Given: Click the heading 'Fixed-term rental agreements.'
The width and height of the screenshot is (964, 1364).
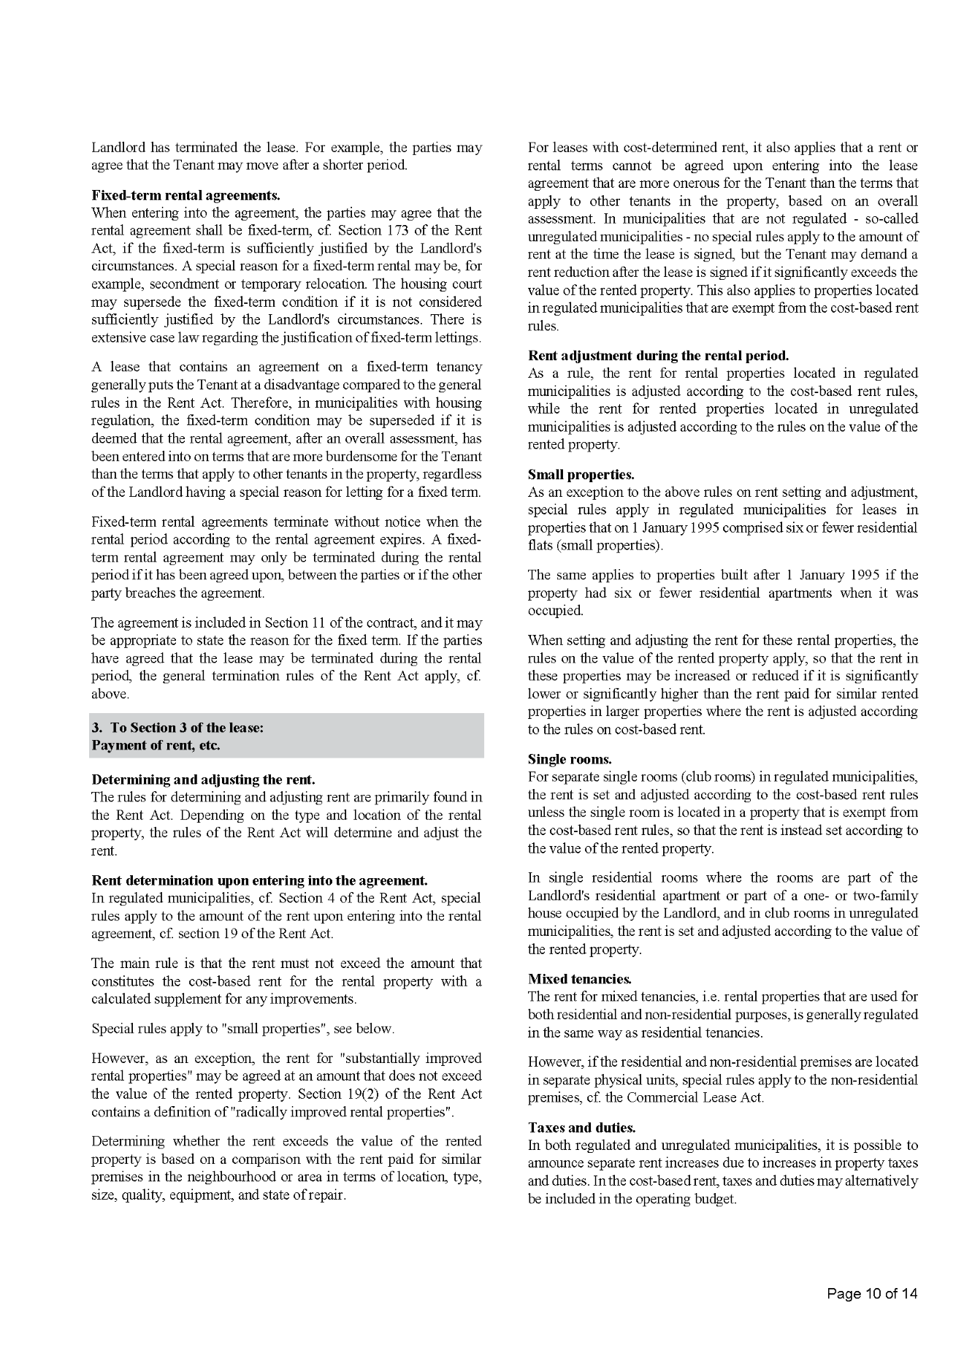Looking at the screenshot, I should (x=185, y=195).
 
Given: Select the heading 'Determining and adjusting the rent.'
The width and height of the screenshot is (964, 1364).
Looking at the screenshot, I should (x=203, y=780).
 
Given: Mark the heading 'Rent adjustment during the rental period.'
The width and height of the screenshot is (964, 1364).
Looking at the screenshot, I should (x=658, y=356).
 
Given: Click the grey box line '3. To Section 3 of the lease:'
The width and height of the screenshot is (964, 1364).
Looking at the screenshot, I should (x=177, y=728).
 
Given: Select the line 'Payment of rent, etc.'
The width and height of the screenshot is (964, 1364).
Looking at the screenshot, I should (x=156, y=746).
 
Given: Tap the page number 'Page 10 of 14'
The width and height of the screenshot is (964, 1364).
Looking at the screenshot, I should (x=872, y=1294).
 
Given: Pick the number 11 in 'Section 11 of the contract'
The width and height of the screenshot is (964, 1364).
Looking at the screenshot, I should (x=317, y=623).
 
